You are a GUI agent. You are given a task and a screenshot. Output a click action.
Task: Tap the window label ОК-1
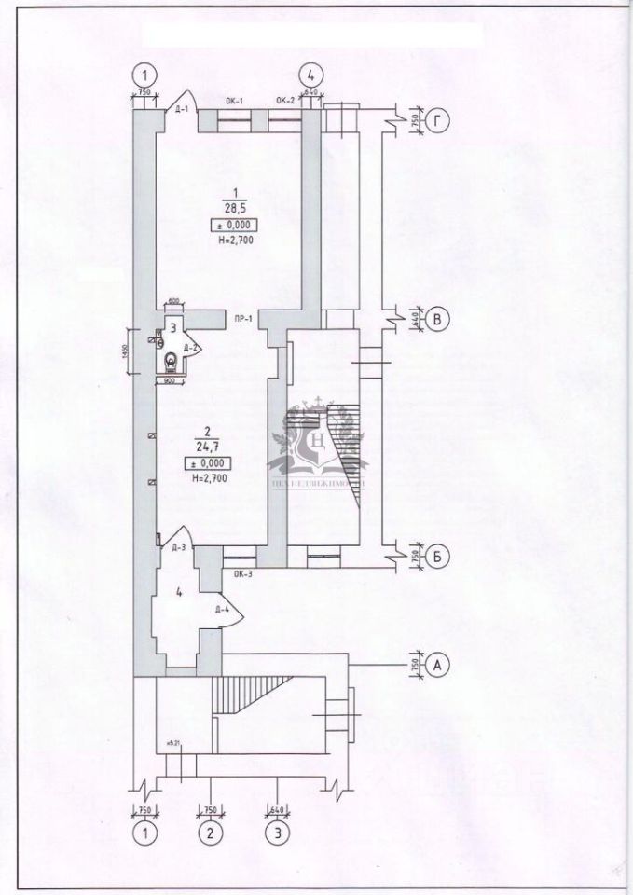tap(235, 99)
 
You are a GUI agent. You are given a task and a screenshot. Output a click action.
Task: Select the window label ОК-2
tap(285, 99)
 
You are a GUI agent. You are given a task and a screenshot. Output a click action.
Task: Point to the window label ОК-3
tap(242, 575)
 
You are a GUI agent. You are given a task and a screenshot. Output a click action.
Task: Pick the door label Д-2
tap(189, 348)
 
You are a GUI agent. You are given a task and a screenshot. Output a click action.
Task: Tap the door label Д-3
tap(179, 547)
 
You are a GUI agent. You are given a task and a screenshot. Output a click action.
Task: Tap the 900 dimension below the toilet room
tap(171, 380)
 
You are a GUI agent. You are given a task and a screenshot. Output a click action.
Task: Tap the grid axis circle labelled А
tap(441, 665)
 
